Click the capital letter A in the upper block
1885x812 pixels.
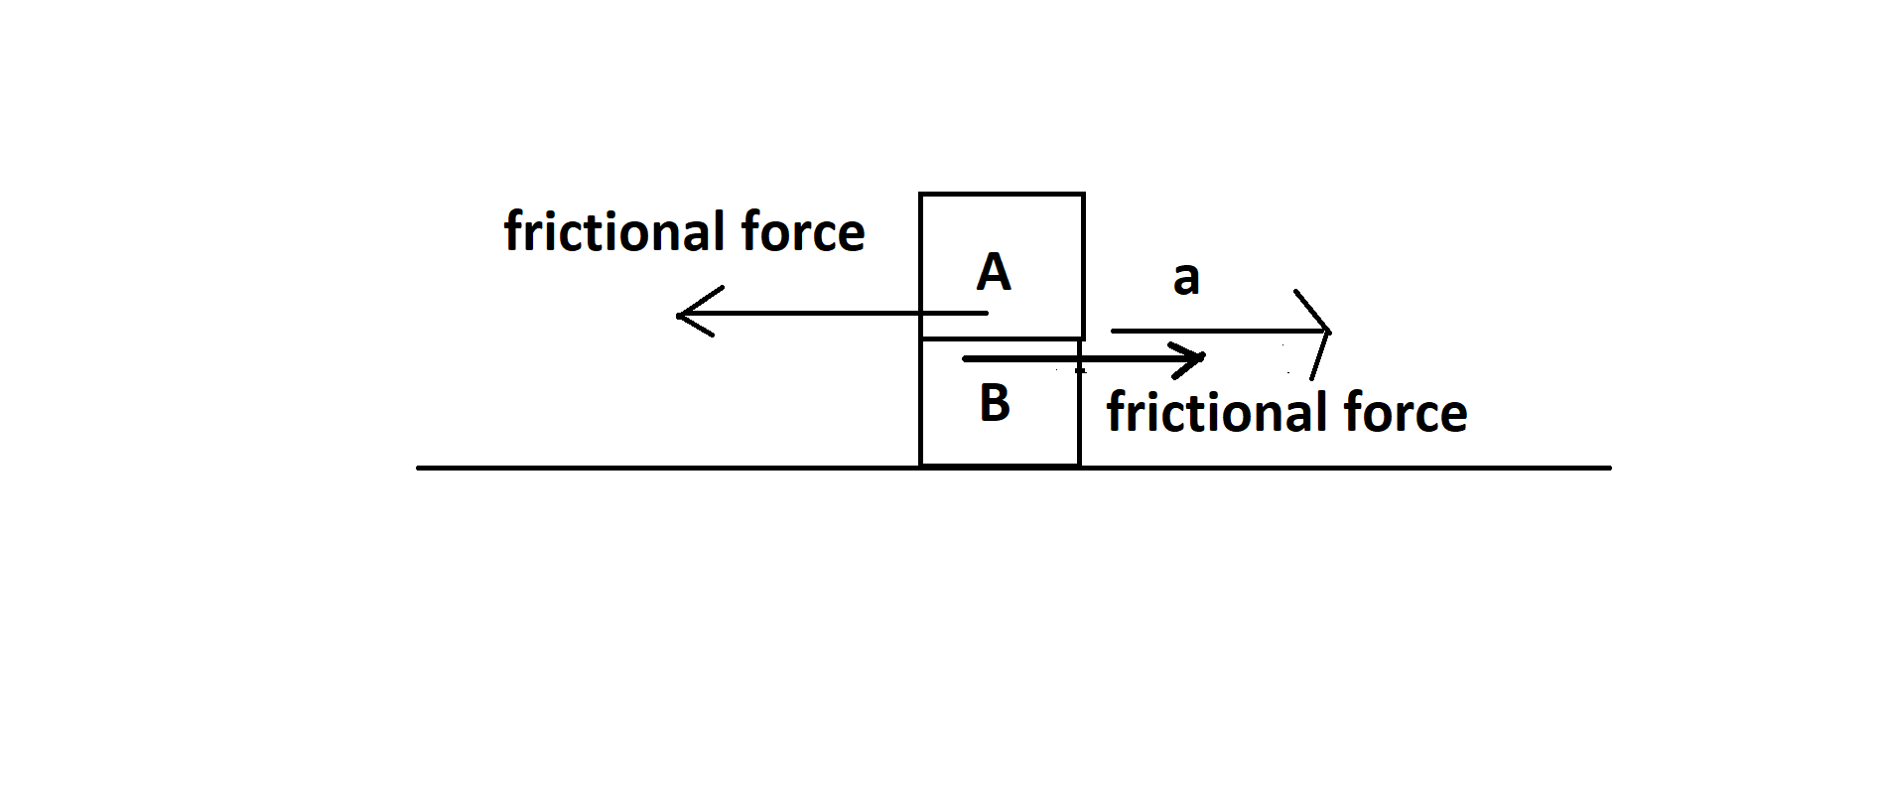[994, 272]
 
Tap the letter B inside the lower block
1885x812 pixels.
[995, 403]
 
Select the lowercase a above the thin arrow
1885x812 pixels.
[1186, 279]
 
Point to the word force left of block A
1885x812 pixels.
[803, 231]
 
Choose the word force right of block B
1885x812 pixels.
[1406, 412]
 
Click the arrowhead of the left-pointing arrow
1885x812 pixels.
[679, 316]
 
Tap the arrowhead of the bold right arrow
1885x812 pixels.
[1203, 357]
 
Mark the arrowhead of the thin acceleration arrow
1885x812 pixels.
[1328, 331]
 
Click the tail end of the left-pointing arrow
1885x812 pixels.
[987, 314]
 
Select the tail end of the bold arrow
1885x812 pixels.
[964, 358]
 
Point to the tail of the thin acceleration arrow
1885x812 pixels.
[1113, 330]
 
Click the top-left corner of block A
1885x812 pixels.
[921, 195]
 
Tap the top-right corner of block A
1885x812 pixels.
[1083, 195]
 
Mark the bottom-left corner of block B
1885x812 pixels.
[921, 465]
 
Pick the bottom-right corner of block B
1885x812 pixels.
[1079, 465]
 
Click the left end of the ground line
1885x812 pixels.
[418, 467]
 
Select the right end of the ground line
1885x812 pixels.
[1609, 467]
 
